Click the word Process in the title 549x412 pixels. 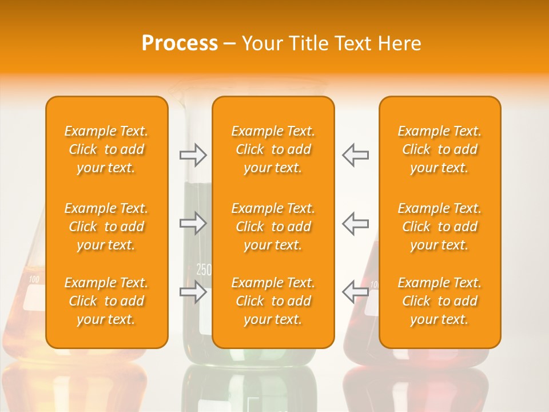180,43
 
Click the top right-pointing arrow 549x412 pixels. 193,155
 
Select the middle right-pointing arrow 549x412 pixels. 193,223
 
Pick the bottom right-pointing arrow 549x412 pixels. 193,292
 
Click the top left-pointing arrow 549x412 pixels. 355,155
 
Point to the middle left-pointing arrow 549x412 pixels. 355,223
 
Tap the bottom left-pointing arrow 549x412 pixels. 355,292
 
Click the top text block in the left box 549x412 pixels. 106,149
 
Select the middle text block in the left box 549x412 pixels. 106,227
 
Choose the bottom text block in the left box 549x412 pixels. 106,301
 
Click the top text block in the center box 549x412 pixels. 273,149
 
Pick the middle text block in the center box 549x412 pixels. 273,227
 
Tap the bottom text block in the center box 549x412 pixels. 273,301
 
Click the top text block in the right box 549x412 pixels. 440,149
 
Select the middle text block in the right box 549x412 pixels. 440,227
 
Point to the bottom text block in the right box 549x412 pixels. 440,301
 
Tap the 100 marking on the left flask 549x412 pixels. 34,280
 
